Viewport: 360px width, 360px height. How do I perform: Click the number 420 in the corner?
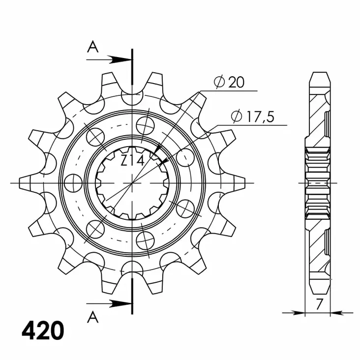[x=43, y=331]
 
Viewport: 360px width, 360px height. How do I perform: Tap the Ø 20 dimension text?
[x=229, y=82]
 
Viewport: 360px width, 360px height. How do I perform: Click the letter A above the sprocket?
[x=92, y=47]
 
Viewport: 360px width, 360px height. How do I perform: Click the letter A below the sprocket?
[x=92, y=318]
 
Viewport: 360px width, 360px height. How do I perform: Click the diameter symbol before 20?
[x=219, y=82]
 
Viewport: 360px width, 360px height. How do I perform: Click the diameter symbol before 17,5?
[x=237, y=117]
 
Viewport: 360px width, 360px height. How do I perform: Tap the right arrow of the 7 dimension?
[x=337, y=312]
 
